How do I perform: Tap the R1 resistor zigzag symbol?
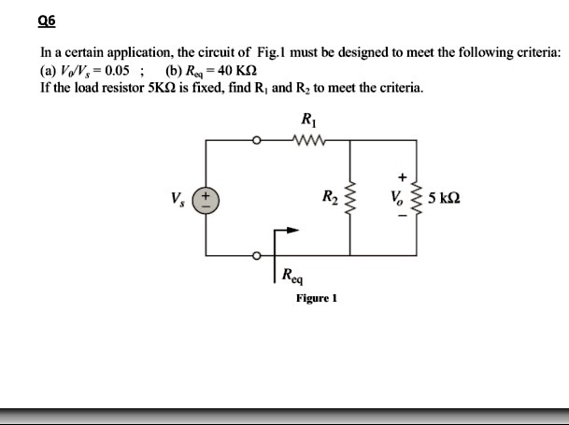click(307, 141)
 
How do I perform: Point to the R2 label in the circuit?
click(328, 198)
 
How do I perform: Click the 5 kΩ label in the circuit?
click(444, 199)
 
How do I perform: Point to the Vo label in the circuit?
click(395, 199)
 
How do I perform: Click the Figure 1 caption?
click(316, 299)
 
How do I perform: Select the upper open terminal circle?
click(256, 141)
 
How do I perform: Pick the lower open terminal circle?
click(256, 255)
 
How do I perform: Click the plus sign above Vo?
click(402, 175)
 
